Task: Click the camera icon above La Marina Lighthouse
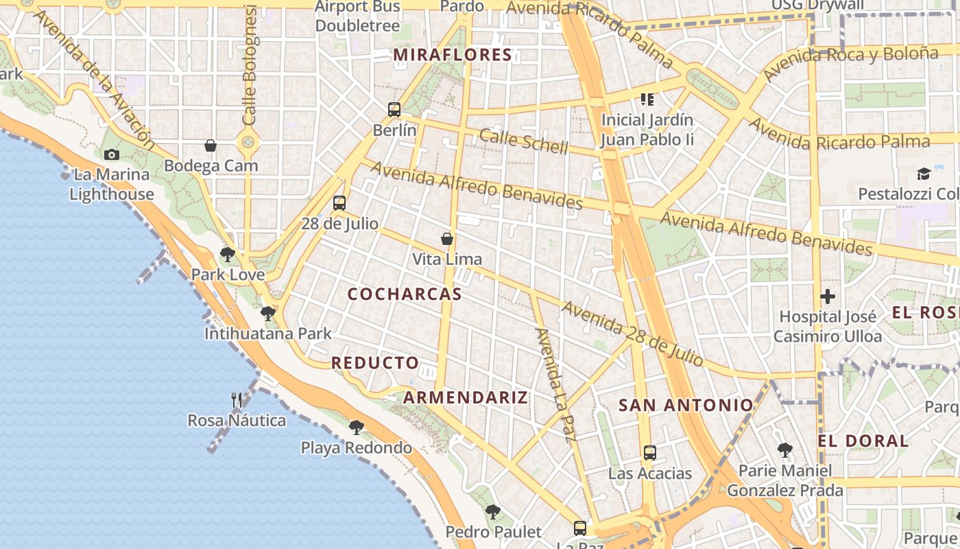pyautogui.click(x=112, y=154)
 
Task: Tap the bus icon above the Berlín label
pyautogui.click(x=394, y=109)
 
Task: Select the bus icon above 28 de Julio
pyautogui.click(x=339, y=202)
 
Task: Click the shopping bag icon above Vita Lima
pyautogui.click(x=447, y=239)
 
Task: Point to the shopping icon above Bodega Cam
pyautogui.click(x=211, y=145)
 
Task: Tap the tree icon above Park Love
pyautogui.click(x=228, y=255)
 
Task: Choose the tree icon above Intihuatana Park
pyautogui.click(x=268, y=314)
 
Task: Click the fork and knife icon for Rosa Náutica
pyautogui.click(x=237, y=400)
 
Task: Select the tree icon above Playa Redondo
pyautogui.click(x=356, y=428)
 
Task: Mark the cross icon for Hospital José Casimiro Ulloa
pyautogui.click(x=828, y=297)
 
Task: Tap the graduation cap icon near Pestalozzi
pyautogui.click(x=924, y=174)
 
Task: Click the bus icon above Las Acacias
pyautogui.click(x=650, y=453)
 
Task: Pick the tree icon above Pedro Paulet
pyautogui.click(x=492, y=511)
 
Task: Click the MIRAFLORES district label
pyautogui.click(x=453, y=55)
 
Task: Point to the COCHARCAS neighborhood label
pyautogui.click(x=405, y=294)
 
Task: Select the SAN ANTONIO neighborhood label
pyautogui.click(x=686, y=405)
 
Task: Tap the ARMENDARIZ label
pyautogui.click(x=466, y=397)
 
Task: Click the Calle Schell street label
pyautogui.click(x=524, y=141)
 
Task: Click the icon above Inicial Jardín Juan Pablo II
pyautogui.click(x=647, y=100)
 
